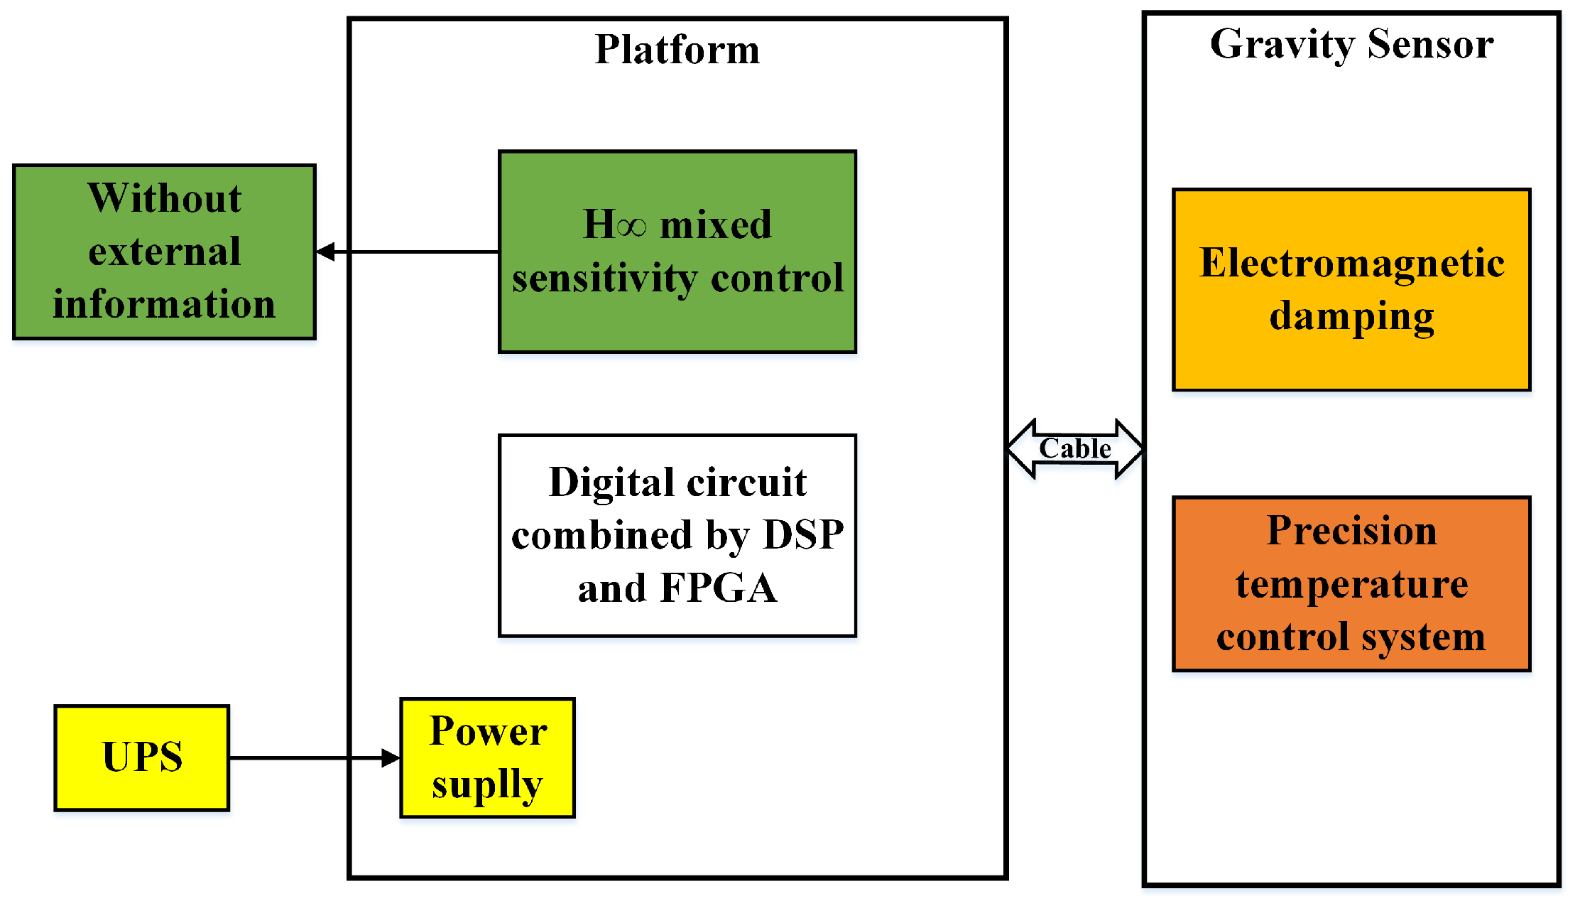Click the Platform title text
(x=677, y=50)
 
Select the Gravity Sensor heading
(x=1351, y=44)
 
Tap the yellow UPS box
(x=142, y=757)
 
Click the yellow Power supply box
(x=487, y=757)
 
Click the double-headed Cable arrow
(x=1075, y=449)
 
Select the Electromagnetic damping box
(x=1351, y=289)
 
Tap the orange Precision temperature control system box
(x=1351, y=583)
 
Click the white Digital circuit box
(x=677, y=535)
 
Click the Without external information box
(x=164, y=252)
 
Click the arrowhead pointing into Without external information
(x=326, y=252)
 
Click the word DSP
(x=803, y=535)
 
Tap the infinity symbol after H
(x=631, y=227)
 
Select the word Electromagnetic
(x=1351, y=263)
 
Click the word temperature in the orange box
(x=1351, y=585)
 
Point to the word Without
(x=164, y=198)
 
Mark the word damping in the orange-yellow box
(x=1351, y=317)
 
